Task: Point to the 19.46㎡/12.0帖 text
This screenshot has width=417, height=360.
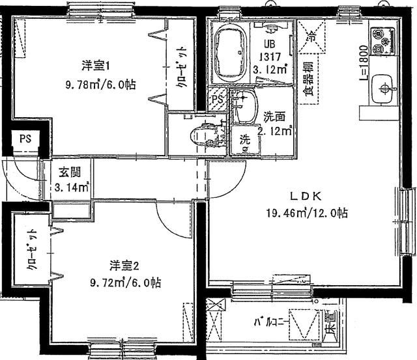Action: point(306,213)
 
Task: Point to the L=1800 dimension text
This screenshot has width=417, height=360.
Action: point(363,62)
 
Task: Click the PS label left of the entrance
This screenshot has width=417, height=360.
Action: point(25,139)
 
